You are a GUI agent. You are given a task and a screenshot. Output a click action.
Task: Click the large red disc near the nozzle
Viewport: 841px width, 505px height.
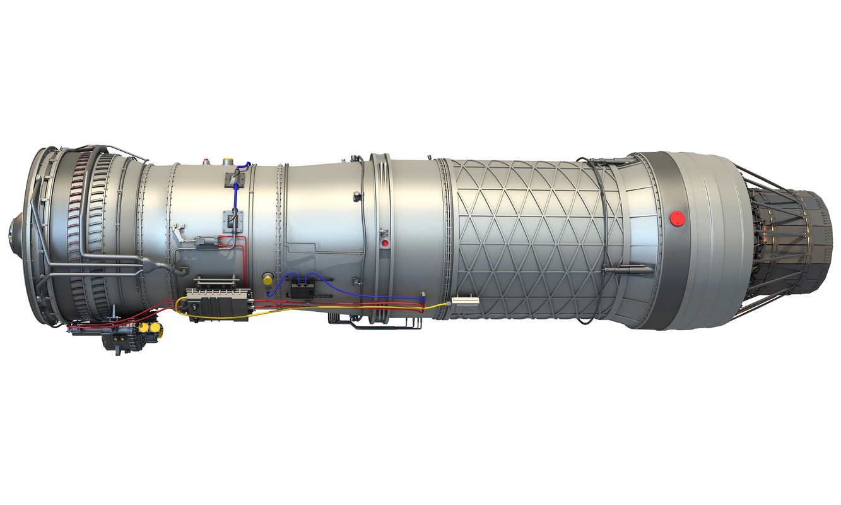[x=676, y=218]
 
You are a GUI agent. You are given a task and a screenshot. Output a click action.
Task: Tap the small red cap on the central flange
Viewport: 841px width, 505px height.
[x=385, y=242]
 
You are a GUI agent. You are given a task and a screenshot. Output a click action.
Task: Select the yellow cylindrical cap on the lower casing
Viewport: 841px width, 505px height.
[x=268, y=278]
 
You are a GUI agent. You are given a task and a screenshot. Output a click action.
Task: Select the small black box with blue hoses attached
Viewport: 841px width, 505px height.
[x=302, y=290]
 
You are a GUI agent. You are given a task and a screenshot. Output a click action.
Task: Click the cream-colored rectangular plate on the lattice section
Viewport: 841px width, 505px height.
[x=465, y=302]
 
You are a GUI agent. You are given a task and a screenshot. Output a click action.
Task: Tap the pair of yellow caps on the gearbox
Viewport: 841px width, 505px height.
[x=148, y=328]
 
